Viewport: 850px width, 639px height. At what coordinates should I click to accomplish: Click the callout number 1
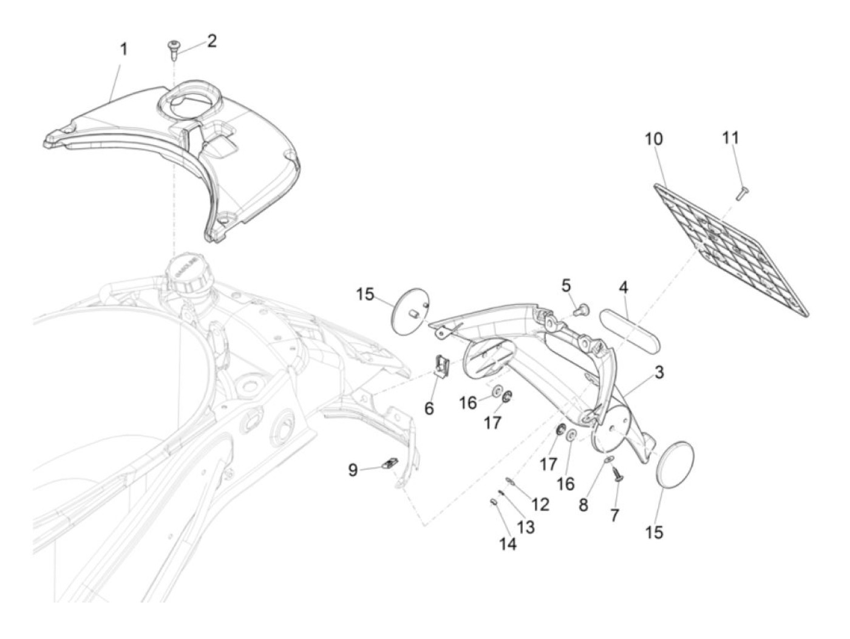click(x=124, y=49)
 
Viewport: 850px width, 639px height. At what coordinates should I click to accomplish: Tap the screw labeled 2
click(x=172, y=49)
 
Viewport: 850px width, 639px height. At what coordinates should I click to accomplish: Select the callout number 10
click(x=653, y=139)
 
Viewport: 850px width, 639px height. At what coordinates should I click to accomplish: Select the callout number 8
click(x=583, y=505)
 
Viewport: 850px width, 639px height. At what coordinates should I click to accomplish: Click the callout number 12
click(x=540, y=504)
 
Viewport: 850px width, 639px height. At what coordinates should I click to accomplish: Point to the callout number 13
click(x=526, y=527)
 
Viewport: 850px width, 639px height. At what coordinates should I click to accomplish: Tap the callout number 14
click(x=508, y=544)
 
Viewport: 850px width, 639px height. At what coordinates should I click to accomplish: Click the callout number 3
click(x=659, y=372)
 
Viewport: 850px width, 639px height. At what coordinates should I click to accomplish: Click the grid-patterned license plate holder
click(x=732, y=248)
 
